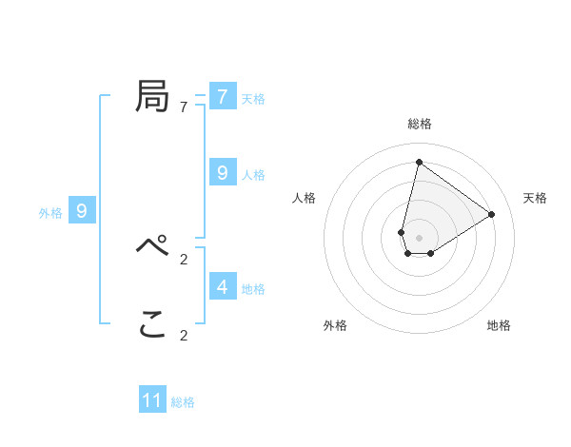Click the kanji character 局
[x=152, y=96]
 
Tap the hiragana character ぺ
[x=152, y=246]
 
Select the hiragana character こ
[x=152, y=325]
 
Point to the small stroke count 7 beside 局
[x=184, y=107]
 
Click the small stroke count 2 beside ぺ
[x=184, y=259]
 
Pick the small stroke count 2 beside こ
[x=184, y=335]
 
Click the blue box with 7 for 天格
[x=223, y=97]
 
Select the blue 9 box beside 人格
[x=223, y=173]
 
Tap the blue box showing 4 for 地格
[x=223, y=286]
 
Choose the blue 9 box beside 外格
[x=82, y=211]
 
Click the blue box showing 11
[x=152, y=400]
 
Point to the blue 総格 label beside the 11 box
[x=183, y=402]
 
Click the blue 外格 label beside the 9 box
[x=50, y=213]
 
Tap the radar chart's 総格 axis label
[x=420, y=124]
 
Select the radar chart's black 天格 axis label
[x=535, y=198]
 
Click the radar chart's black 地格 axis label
[x=499, y=325]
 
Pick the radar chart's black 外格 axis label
[x=335, y=325]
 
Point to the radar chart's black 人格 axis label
[x=304, y=198]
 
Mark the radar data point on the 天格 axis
[x=492, y=214]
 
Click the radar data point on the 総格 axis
[x=419, y=162]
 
